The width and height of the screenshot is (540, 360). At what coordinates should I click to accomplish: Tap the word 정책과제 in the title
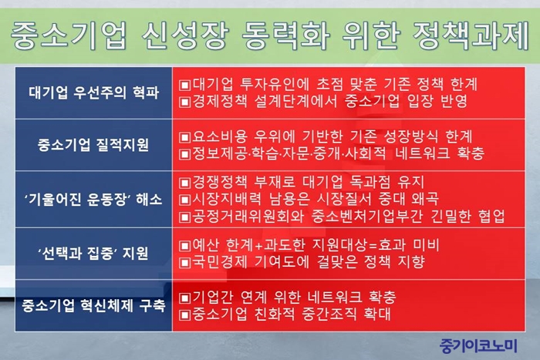click(x=470, y=35)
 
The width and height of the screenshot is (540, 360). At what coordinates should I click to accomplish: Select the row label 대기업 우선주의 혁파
click(x=93, y=93)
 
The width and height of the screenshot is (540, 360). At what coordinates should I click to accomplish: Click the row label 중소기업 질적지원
click(x=93, y=145)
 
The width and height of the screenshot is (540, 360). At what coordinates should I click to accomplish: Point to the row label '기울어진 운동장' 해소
click(x=93, y=200)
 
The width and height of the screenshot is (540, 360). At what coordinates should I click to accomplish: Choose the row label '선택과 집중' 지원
click(x=93, y=254)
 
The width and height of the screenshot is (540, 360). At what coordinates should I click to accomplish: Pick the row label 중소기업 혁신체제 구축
click(x=93, y=305)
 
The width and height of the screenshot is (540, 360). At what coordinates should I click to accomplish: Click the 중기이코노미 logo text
click(x=479, y=345)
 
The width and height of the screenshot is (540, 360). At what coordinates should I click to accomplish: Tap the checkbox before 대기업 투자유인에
click(x=185, y=85)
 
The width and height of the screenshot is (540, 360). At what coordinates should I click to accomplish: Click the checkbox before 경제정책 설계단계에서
click(x=185, y=102)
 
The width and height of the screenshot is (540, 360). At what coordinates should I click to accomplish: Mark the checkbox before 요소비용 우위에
click(x=185, y=138)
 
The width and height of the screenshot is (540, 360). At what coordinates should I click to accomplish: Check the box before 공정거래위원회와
click(x=185, y=217)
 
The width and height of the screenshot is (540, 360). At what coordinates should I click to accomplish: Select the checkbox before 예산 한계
click(x=185, y=246)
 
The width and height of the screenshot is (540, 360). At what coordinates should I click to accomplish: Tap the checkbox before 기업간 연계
click(x=185, y=298)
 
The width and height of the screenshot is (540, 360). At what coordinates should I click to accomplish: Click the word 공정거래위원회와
click(x=248, y=216)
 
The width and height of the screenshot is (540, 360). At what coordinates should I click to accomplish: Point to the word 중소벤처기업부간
click(x=366, y=216)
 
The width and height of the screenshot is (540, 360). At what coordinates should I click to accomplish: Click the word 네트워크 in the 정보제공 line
click(x=423, y=153)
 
